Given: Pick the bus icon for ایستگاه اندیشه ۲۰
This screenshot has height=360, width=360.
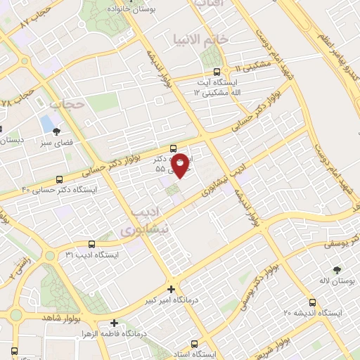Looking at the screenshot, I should (312, 302).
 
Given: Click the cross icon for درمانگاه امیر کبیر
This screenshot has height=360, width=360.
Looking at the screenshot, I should (172, 289).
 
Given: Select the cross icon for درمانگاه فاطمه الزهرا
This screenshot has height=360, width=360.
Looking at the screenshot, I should (115, 324).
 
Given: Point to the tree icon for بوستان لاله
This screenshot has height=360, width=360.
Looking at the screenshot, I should (337, 269).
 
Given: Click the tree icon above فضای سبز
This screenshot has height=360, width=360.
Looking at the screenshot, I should (57, 131).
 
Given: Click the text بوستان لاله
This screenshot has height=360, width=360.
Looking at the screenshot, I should (333, 281).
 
